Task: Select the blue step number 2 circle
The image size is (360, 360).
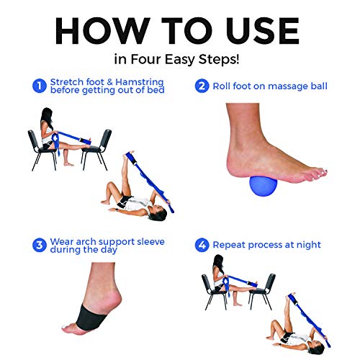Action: [203, 86]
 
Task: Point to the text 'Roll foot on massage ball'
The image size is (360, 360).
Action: [271, 86]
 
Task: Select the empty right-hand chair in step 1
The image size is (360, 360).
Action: [100, 145]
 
